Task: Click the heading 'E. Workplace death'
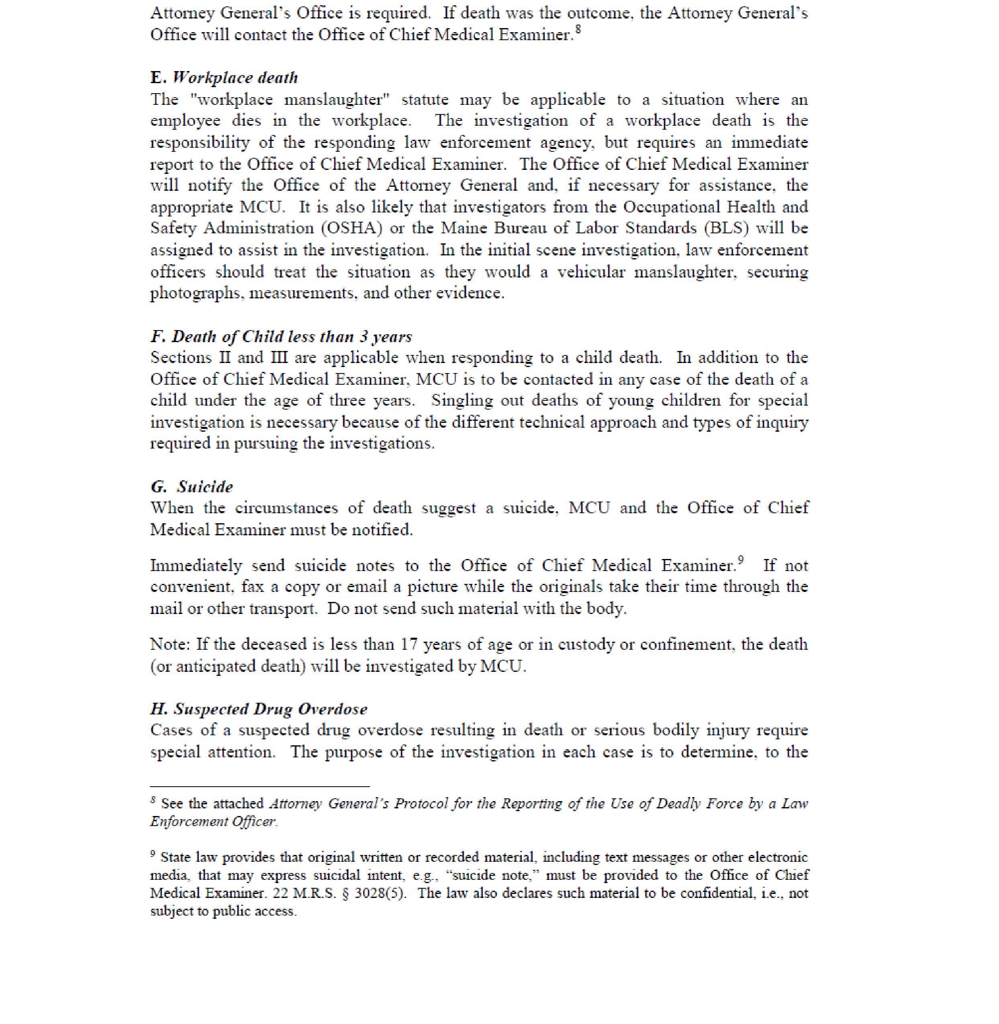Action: (x=224, y=78)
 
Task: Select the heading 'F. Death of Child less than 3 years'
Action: (x=281, y=336)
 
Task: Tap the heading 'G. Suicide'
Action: (x=192, y=487)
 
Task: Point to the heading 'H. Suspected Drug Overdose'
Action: (x=259, y=709)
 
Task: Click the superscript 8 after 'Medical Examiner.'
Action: (x=578, y=29)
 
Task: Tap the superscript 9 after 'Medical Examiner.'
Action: (x=741, y=560)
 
